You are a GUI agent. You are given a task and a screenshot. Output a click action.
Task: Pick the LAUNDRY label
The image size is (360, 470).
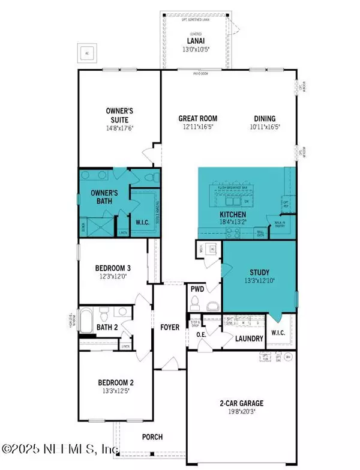click(246, 339)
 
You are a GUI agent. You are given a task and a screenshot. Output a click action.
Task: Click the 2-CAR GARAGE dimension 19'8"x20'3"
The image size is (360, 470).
click(239, 412)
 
